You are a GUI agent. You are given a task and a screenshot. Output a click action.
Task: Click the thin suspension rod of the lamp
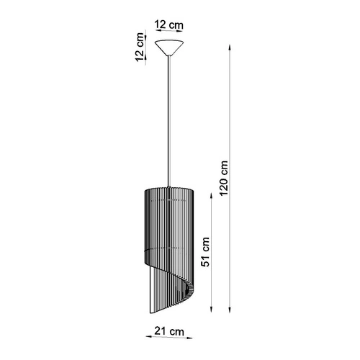(x=169, y=122)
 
